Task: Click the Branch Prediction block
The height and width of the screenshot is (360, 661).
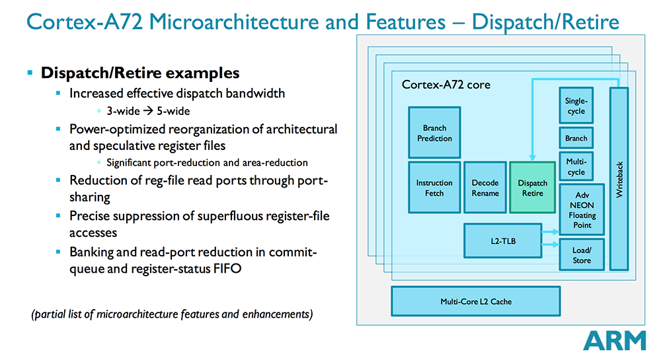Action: click(x=434, y=133)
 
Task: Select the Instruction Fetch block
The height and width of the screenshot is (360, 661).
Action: click(x=434, y=188)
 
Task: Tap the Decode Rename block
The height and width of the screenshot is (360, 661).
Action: click(x=485, y=188)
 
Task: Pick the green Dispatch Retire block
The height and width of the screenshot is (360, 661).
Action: click(x=532, y=188)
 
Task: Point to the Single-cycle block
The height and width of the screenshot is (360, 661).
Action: click(x=576, y=106)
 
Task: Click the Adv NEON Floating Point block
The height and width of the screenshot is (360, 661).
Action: click(x=582, y=210)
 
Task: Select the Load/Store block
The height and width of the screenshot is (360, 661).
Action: click(x=582, y=255)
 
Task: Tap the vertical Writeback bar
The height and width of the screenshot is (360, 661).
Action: click(x=619, y=178)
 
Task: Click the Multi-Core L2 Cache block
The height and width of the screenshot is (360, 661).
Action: click(x=475, y=301)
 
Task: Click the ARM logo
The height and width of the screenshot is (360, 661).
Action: click(x=614, y=340)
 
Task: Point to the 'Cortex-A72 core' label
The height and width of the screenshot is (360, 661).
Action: click(x=446, y=85)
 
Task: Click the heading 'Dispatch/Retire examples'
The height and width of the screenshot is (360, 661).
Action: click(x=140, y=73)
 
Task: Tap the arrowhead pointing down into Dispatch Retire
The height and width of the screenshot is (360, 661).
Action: click(x=532, y=157)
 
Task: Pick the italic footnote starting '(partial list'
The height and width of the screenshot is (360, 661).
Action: click(x=172, y=314)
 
